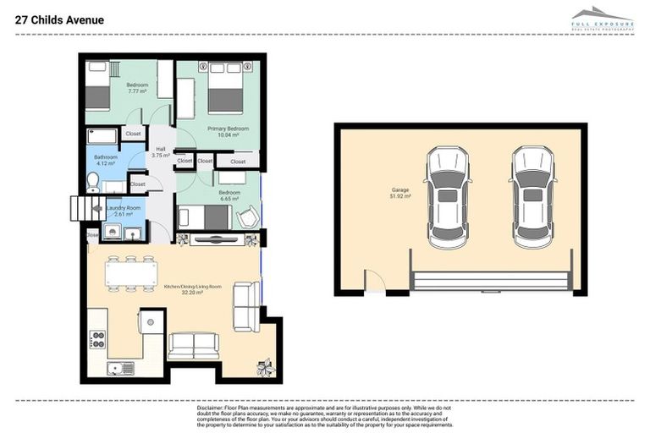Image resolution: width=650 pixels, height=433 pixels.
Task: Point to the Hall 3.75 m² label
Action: pyautogui.click(x=161, y=152)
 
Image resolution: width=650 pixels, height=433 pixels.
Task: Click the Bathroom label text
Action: pyautogui.click(x=106, y=160)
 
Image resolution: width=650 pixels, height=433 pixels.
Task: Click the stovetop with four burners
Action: pyautogui.click(x=97, y=339)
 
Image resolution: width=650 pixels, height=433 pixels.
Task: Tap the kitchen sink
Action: pyautogui.click(x=118, y=368)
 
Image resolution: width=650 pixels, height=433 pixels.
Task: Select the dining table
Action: pyautogui.click(x=131, y=273)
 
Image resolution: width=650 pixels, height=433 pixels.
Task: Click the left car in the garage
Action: pyautogui.click(x=447, y=197)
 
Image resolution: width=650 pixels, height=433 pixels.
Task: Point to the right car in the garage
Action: pyautogui.click(x=532, y=197)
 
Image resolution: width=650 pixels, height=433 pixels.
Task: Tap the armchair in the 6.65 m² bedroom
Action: pyautogui.click(x=246, y=218)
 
